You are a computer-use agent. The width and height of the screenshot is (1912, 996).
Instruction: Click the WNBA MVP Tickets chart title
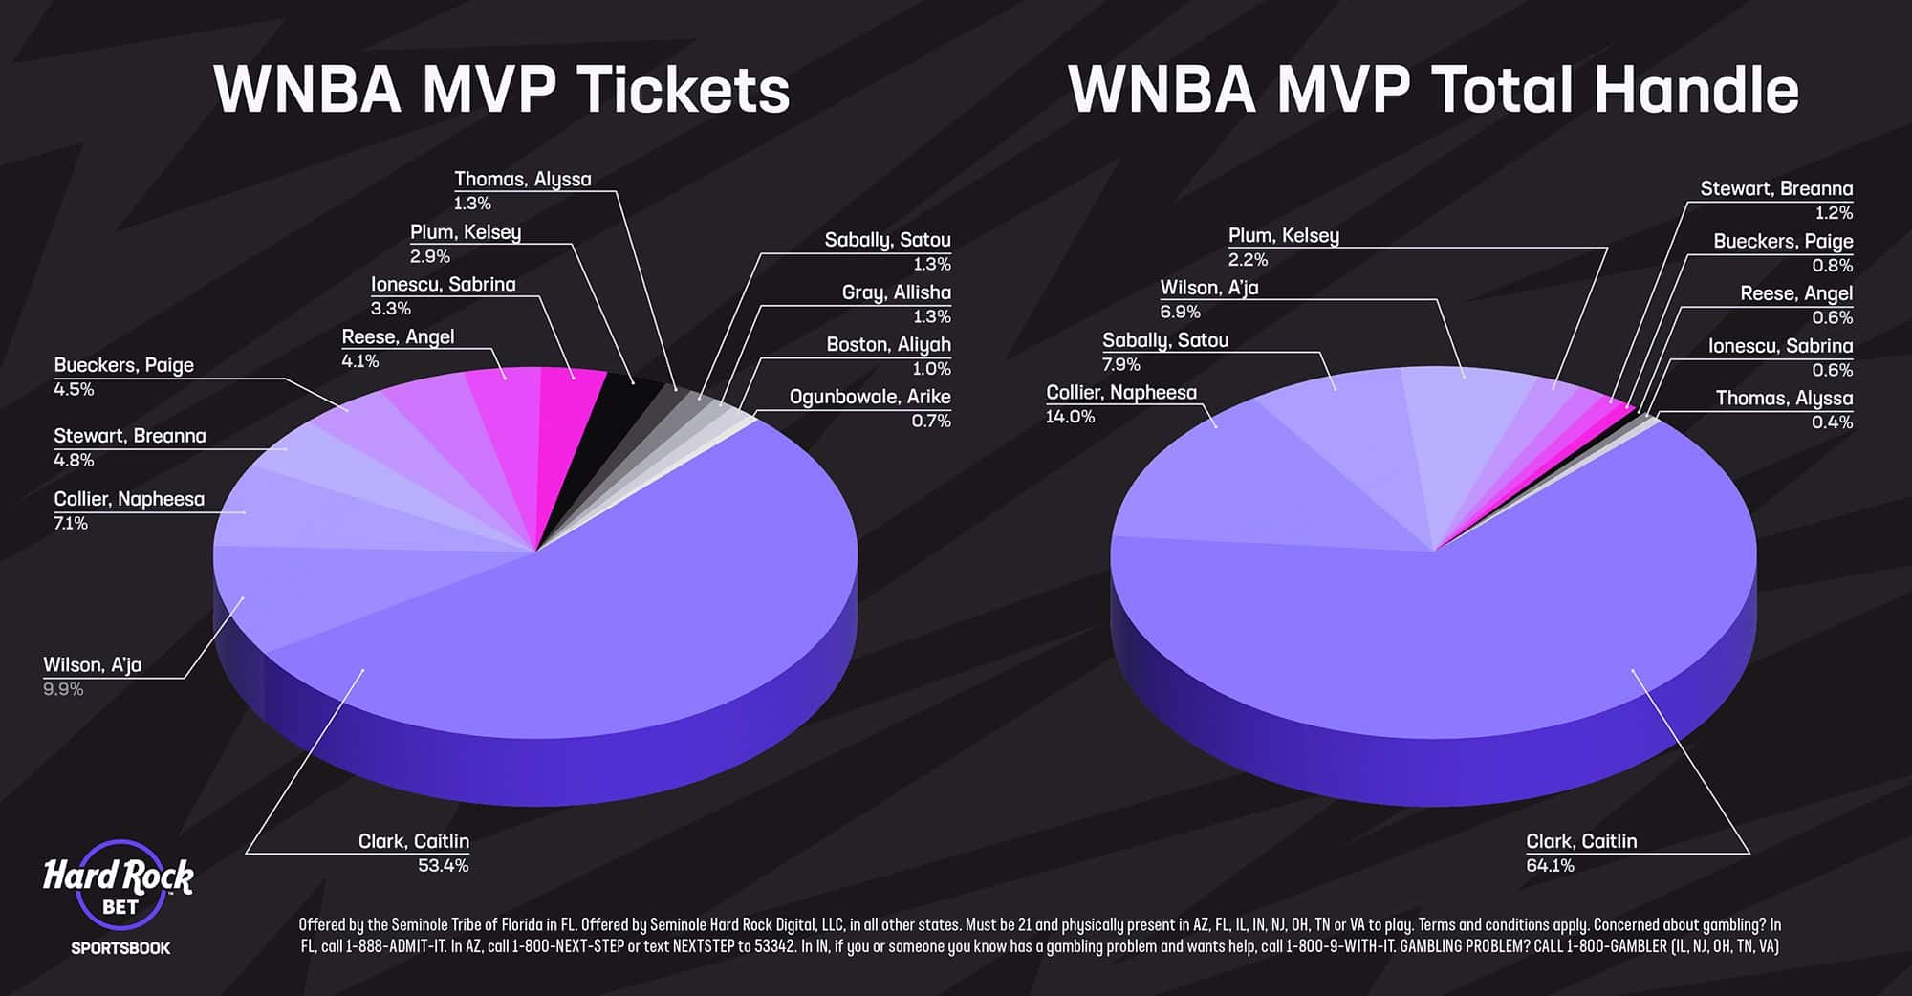pos(501,90)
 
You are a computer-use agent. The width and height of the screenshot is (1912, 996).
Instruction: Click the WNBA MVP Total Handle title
pos(1433,90)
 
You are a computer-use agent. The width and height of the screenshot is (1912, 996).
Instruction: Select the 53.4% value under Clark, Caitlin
pos(443,866)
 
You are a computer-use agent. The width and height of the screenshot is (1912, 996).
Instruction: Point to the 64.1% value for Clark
pos(1550,866)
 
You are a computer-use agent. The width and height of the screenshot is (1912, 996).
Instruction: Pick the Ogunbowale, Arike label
pos(869,397)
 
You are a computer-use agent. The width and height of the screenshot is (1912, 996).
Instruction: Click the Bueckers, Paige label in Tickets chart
pos(123,365)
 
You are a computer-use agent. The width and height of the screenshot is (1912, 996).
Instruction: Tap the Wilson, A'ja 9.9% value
pos(63,689)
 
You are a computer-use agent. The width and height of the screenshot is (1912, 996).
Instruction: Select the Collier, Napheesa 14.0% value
pos(1070,417)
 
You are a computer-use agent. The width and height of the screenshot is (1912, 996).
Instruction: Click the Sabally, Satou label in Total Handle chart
pos(1164,340)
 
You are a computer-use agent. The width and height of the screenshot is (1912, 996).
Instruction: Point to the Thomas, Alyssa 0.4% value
pos(1832,422)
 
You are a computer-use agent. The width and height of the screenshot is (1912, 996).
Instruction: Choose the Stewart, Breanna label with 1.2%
pos(1775,189)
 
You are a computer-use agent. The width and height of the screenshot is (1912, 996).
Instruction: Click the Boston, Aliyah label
pos(888,345)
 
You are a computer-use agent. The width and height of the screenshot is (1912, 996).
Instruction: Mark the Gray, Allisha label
pos(896,292)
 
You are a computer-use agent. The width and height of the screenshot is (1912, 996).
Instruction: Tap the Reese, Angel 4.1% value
pos(360,361)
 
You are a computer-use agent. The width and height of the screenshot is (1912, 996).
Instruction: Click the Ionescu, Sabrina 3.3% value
pos(390,309)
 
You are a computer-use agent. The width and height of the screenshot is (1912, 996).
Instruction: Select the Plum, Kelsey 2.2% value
pos(1248,260)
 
